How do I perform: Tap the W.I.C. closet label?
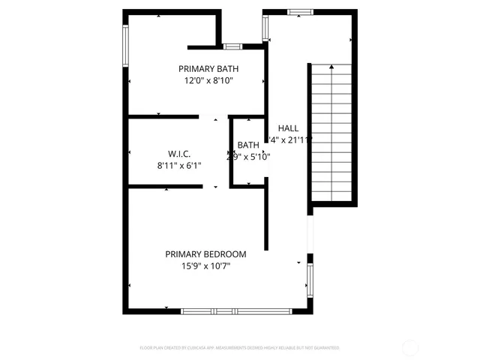(169, 153)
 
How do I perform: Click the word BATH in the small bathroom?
(248, 145)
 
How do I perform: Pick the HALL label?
(288, 127)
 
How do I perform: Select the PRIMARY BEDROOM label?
(205, 254)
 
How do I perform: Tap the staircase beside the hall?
(331, 135)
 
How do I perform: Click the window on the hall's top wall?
(300, 12)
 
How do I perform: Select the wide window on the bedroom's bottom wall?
(236, 310)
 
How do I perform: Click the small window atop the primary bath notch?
(232, 46)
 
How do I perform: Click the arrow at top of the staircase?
(331, 68)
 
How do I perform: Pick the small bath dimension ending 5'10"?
(248, 157)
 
